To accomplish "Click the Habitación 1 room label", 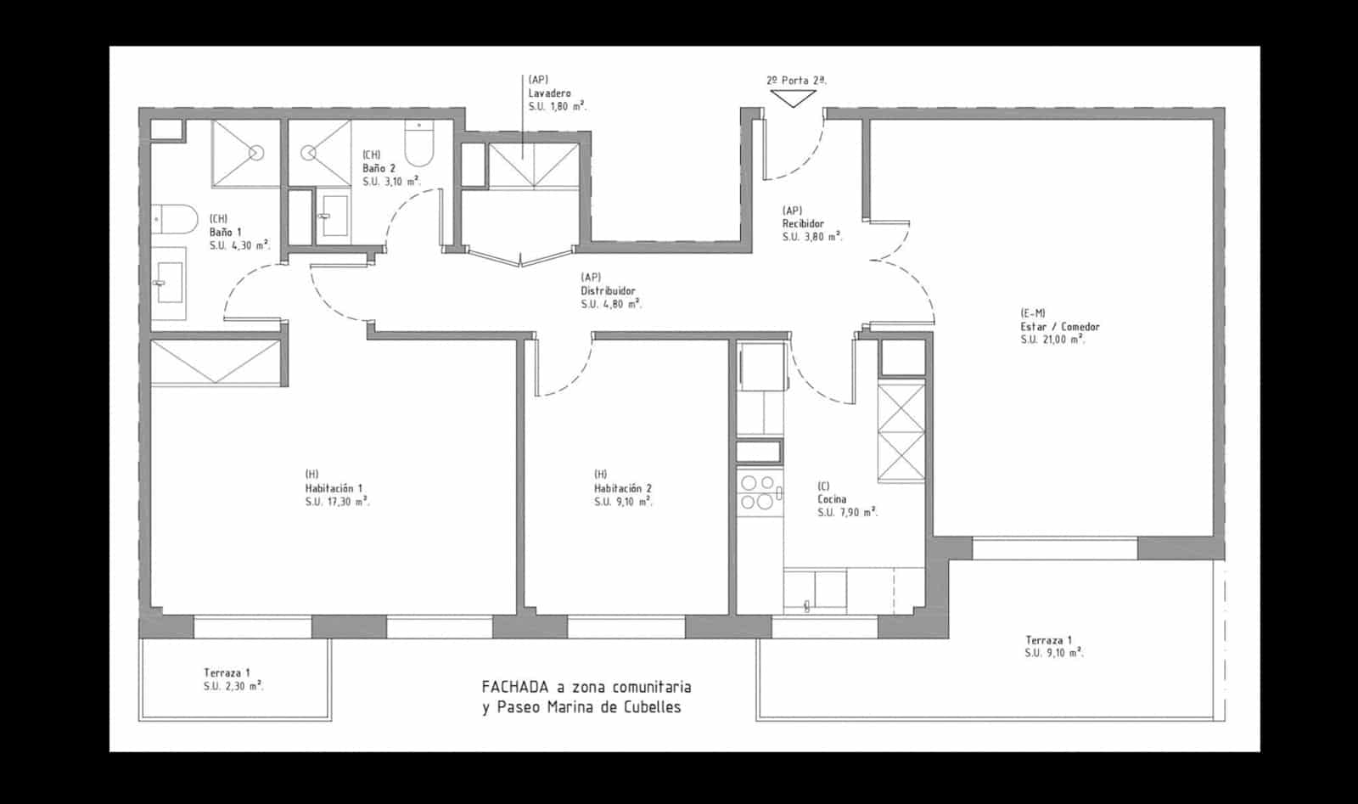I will coord(334,489).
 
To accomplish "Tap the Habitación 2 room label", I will coord(623,489).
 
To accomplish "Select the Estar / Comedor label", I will coord(1060,327).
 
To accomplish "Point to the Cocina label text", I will coord(832,500).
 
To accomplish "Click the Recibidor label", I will coord(803,224).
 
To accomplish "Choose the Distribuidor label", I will coord(608,291).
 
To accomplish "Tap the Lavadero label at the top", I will coord(549,93).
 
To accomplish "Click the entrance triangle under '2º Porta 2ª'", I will coord(795,98).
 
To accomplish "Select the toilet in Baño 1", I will coord(173,220).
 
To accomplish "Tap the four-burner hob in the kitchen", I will coord(757,492).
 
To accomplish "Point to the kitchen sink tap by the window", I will coord(806,605).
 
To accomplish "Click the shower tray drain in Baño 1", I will coord(256,153).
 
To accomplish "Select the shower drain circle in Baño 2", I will coord(308,154).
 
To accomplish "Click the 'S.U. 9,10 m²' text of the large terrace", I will coord(1053,654).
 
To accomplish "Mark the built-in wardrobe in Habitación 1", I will coord(216,363).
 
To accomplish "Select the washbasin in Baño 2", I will coord(334,216).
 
